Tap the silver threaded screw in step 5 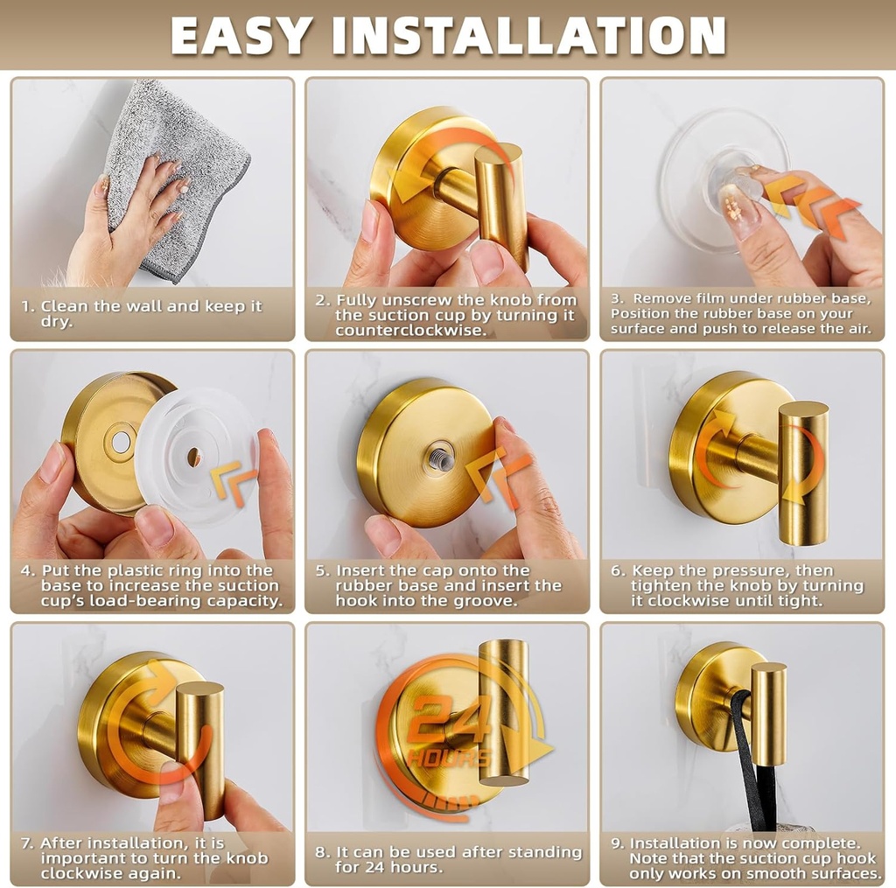pos(440,458)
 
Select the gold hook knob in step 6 pos(802,472)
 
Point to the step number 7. pos(28,843)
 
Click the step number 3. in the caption pos(616,299)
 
